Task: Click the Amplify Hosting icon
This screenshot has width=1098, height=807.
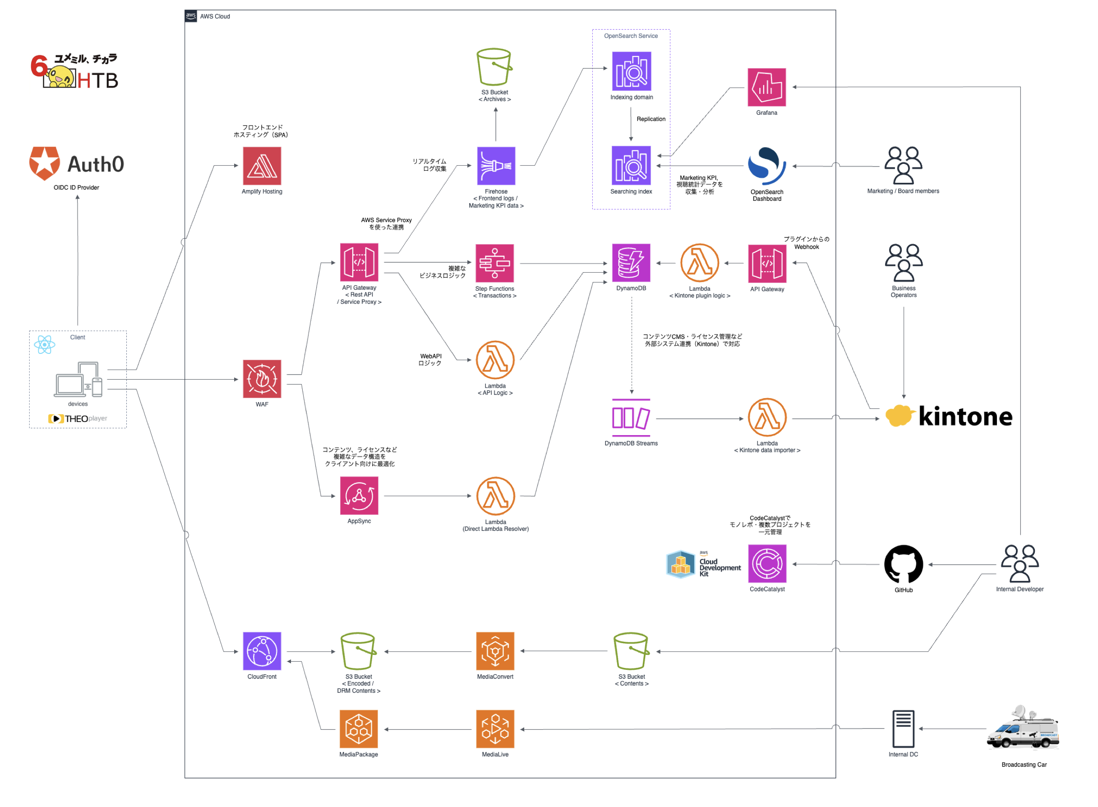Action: (262, 166)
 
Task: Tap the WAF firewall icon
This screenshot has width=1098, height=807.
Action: (262, 380)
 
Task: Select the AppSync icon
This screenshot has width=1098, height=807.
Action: (360, 496)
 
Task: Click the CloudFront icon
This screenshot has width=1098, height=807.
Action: (262, 652)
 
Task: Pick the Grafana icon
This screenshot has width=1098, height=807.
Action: (767, 88)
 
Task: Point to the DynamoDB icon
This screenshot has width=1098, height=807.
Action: (631, 263)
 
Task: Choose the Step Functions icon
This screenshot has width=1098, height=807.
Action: (495, 264)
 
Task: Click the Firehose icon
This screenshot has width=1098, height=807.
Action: (496, 166)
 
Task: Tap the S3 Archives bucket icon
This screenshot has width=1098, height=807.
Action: (494, 67)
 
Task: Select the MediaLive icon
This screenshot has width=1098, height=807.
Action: (495, 729)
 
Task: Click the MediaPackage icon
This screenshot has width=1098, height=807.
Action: (359, 729)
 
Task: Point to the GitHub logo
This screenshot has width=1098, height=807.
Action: (904, 565)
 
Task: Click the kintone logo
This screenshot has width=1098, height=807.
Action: (949, 416)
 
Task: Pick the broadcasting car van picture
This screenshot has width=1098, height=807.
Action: (1023, 728)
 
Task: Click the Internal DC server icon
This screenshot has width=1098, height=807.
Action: (904, 729)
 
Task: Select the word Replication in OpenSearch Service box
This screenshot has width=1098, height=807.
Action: (651, 119)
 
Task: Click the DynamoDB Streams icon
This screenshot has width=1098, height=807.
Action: (631, 418)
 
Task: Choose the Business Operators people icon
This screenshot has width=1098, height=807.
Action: (904, 263)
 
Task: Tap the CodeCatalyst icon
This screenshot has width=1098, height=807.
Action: (767, 564)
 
